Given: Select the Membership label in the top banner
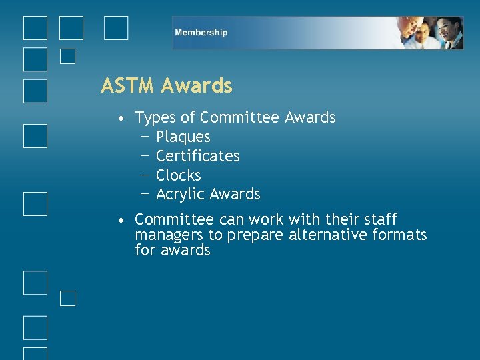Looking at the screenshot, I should [201, 33].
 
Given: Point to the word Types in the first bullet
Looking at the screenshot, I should [155, 118].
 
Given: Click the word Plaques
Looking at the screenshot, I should [183, 137].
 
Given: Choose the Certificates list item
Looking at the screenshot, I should [197, 156].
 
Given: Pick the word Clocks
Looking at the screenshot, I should [178, 175].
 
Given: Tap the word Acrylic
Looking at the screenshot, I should [180, 195].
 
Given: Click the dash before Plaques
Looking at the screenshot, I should [145, 135].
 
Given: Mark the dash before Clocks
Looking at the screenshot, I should [145, 174].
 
